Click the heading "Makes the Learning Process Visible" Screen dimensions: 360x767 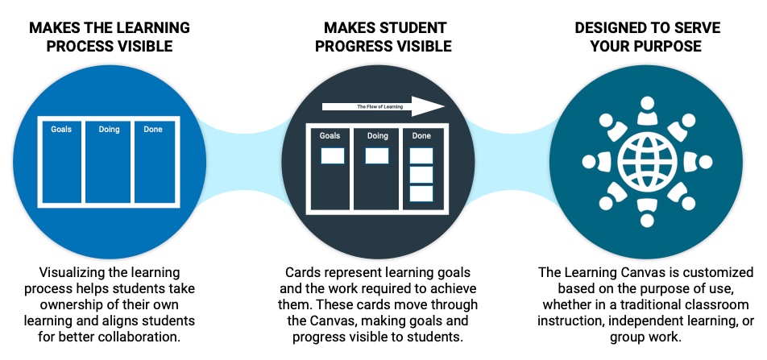pyautogui.click(x=109, y=37)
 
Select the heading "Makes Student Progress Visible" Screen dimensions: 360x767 pyautogui.click(x=383, y=37)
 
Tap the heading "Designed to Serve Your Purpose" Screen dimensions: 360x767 pyautogui.click(x=647, y=37)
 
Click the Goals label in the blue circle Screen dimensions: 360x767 pyautogui.click(x=61, y=129)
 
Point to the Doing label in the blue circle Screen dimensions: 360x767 pyautogui.click(x=109, y=129)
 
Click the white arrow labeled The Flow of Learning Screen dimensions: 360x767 pyautogui.click(x=383, y=106)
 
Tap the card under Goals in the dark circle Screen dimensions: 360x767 pyautogui.click(x=333, y=155)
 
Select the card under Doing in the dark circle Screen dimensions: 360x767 pyautogui.click(x=377, y=155)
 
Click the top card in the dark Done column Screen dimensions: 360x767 pyautogui.click(x=421, y=155)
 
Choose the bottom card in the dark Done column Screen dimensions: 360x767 pyautogui.click(x=421, y=193)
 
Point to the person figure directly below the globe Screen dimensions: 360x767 pyautogui.click(x=648, y=211)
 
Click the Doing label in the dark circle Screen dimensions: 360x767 pyautogui.click(x=377, y=135)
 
